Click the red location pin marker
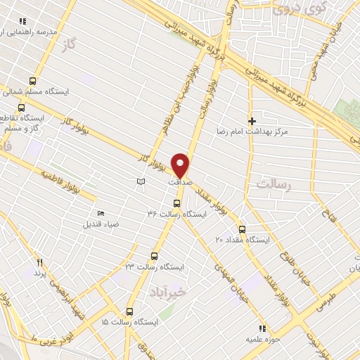tap(181, 164)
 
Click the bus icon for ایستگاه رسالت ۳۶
tap(176, 204)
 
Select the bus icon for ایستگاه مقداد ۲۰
tap(242, 229)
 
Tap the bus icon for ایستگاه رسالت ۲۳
tap(154, 257)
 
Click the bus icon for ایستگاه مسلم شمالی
tap(32, 81)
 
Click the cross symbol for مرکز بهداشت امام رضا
tap(252, 122)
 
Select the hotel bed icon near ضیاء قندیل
tap(100, 214)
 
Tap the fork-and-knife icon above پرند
tap(40, 262)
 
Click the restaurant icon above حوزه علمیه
tap(262, 328)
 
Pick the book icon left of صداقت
tap(141, 182)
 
